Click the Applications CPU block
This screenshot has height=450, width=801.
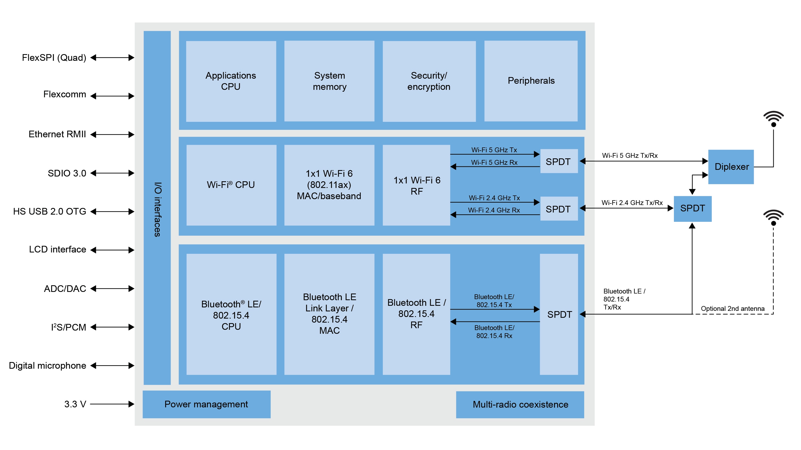231,81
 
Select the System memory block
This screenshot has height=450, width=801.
329,81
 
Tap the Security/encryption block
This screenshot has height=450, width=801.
429,81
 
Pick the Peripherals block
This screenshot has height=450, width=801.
531,81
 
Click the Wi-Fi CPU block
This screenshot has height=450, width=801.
231,185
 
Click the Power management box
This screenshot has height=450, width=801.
206,404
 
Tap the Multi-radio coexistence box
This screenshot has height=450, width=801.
520,404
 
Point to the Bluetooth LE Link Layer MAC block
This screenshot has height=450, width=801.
329,314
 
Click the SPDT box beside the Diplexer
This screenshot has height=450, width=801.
692,208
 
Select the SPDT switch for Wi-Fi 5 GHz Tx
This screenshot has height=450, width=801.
559,162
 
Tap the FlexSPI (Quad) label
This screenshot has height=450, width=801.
54,58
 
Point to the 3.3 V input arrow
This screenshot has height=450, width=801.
112,404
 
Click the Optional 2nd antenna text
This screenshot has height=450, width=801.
732,308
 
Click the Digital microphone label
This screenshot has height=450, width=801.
47,365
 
